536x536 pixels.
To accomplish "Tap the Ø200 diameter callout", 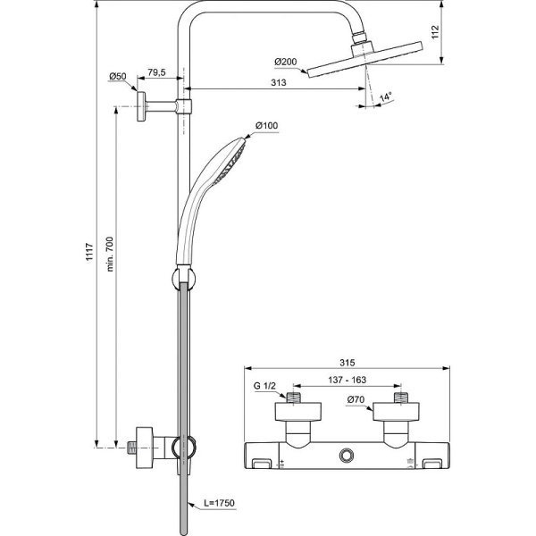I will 285,63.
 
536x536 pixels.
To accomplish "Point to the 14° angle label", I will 385,96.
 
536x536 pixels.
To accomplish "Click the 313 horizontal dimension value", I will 278,84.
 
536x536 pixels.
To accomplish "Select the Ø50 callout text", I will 118,77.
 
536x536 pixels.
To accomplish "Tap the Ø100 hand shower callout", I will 266,126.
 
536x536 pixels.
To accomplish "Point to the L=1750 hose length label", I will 218,505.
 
